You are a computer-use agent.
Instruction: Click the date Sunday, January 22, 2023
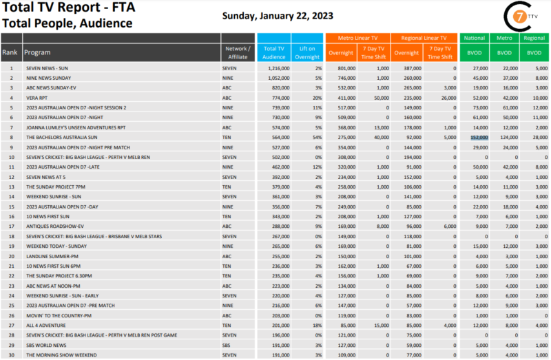pyautogui.click(x=279, y=15)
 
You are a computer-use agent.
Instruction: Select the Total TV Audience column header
pyautogui.click(x=274, y=52)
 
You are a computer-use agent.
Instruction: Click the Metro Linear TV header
pyautogui.click(x=357, y=38)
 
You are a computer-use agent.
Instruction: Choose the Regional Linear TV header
pyautogui.click(x=425, y=38)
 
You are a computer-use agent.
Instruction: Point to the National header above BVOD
pyautogui.click(x=474, y=38)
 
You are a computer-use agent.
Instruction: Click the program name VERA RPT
pyautogui.click(x=37, y=98)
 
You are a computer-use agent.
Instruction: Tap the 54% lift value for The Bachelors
pyautogui.click(x=315, y=137)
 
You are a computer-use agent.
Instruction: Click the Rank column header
pyautogui.click(x=10, y=52)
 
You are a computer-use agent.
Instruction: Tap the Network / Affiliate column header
pyautogui.click(x=238, y=52)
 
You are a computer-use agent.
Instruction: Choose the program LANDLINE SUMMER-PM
pyautogui.click(x=52, y=255)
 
